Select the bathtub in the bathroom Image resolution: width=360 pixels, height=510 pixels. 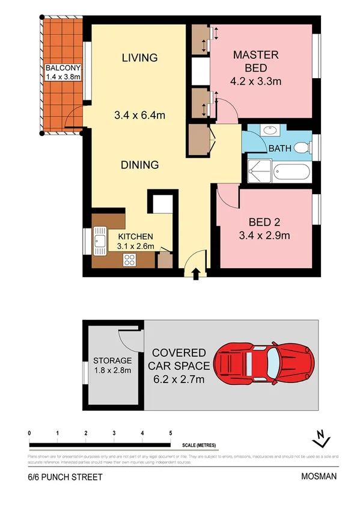(291, 173)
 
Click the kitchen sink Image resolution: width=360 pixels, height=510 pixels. (100, 242)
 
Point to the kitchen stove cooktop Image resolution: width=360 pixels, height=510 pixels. (129, 259)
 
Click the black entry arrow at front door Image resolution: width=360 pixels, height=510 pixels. (195, 274)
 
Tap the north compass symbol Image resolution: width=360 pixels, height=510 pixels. (323, 439)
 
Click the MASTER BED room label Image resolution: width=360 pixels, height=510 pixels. (256, 61)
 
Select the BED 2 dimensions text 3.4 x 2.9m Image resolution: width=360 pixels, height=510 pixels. (265, 236)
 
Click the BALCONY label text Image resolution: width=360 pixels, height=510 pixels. (63, 67)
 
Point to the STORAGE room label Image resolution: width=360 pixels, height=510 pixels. (112, 360)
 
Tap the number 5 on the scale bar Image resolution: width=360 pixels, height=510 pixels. (171, 434)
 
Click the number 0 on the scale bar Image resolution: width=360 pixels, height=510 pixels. (29, 434)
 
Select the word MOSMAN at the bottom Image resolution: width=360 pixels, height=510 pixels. (319, 477)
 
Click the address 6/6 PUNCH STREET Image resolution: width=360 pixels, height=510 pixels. (65, 477)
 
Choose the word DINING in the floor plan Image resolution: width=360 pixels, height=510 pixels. (139, 164)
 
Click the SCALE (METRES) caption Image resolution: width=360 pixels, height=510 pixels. (200, 446)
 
